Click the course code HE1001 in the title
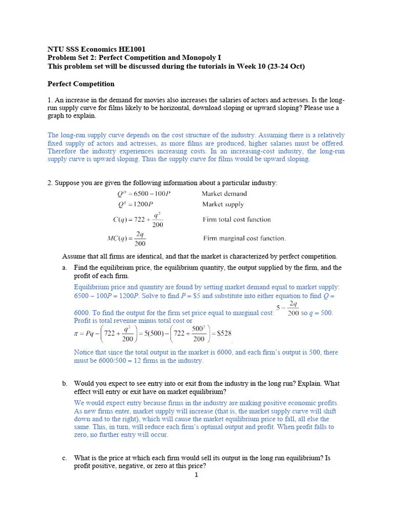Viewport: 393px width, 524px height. (130, 49)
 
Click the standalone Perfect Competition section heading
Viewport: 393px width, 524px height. (81, 83)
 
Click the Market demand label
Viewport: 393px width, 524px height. (224, 193)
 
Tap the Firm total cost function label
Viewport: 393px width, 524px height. (237, 220)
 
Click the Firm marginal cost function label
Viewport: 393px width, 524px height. (244, 238)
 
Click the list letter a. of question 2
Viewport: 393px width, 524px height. (64, 268)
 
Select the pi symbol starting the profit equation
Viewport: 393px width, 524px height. (77, 334)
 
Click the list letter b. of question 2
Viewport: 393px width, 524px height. (64, 383)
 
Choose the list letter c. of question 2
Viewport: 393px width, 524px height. (64, 458)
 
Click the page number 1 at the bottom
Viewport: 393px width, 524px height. (196, 475)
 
